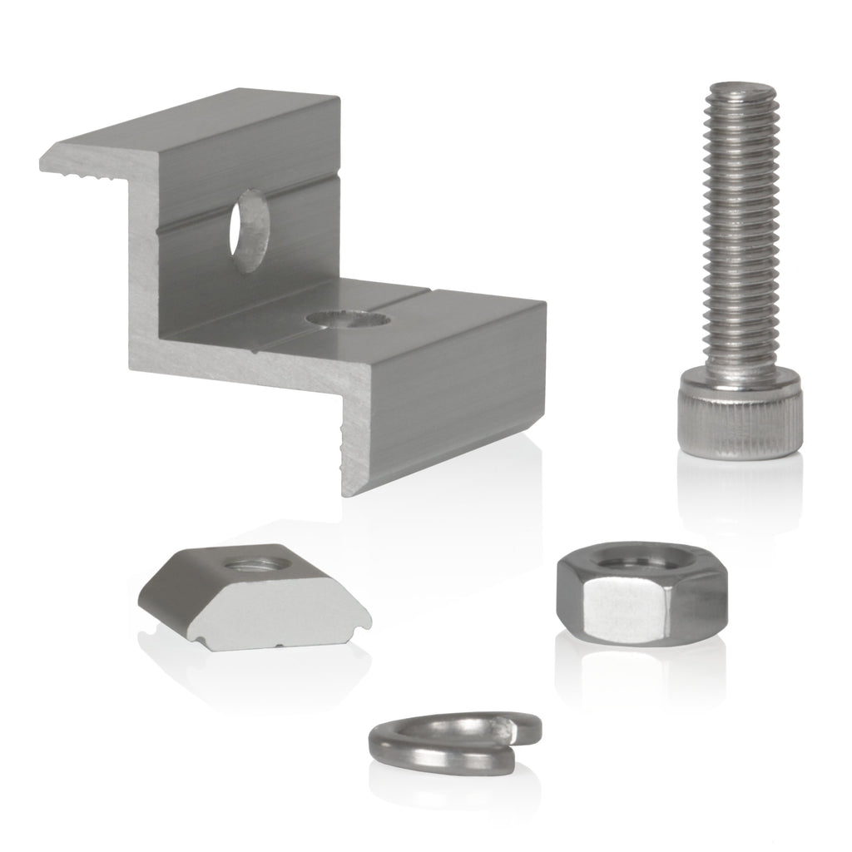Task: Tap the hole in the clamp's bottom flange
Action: tap(346, 318)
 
